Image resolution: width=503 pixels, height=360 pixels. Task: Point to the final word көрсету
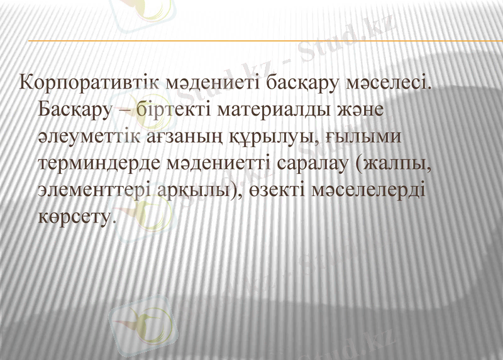pyautogui.click(x=77, y=218)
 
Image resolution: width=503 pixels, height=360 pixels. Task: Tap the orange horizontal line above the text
pyautogui.click(x=251, y=41)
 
